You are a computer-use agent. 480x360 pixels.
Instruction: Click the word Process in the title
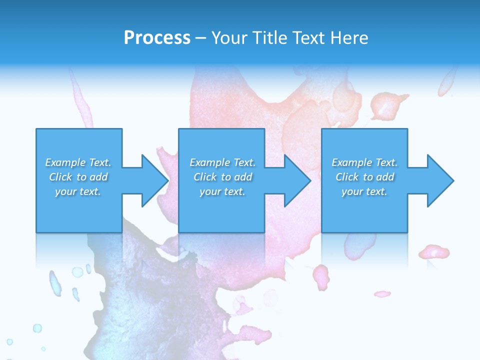click(x=157, y=38)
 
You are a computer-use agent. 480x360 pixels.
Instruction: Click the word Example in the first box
click(x=65, y=162)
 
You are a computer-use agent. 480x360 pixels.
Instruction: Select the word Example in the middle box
click(x=210, y=162)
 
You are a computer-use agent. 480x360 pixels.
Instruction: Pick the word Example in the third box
click(x=352, y=162)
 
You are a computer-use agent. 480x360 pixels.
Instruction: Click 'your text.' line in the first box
click(x=78, y=191)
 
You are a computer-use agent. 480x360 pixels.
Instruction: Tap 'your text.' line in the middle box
click(x=222, y=191)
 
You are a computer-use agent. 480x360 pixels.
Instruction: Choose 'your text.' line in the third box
click(x=364, y=191)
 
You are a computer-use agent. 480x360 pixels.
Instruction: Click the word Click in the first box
click(x=60, y=177)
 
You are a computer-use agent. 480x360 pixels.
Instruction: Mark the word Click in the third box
click(x=347, y=177)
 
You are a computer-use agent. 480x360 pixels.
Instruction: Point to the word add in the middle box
click(x=243, y=177)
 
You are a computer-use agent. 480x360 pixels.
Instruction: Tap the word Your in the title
click(x=227, y=38)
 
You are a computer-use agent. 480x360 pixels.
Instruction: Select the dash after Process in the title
click(x=200, y=38)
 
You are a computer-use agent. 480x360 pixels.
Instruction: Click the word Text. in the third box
click(x=386, y=162)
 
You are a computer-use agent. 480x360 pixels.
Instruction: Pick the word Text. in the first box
click(x=99, y=162)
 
